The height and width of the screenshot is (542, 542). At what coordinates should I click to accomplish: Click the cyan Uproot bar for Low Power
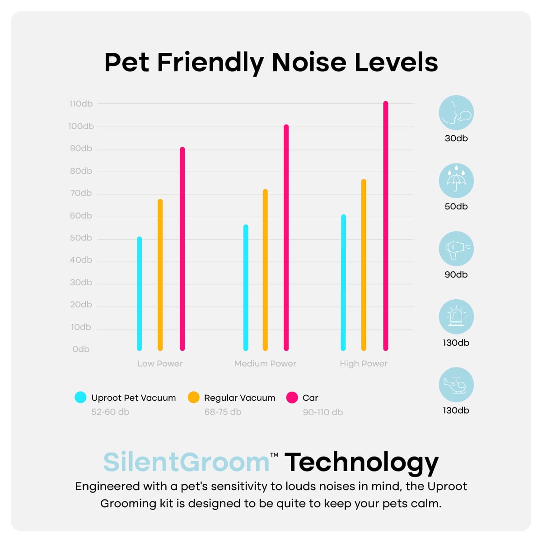coord(139,293)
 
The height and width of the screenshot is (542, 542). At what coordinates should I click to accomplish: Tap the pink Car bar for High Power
coord(386,226)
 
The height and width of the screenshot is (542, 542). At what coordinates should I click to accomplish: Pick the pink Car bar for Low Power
coord(182,249)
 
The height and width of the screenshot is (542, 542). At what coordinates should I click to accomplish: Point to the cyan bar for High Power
coord(343,283)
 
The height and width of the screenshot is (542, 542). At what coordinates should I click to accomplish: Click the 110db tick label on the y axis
coord(81,104)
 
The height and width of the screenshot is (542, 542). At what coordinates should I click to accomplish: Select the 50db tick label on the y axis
coord(81,238)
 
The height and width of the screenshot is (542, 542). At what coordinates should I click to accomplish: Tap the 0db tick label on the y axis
coord(81,349)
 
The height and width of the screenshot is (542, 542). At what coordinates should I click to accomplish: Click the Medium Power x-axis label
coord(265,364)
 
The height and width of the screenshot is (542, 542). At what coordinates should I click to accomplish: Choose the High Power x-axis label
coord(364,364)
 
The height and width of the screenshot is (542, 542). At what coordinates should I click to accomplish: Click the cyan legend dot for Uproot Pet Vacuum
coord(80,397)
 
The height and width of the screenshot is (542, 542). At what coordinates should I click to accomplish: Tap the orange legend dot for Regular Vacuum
coord(193,397)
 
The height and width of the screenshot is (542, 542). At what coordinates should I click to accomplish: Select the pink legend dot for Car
coord(292,397)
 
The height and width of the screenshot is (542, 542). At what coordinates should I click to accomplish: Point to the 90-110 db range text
coord(322,412)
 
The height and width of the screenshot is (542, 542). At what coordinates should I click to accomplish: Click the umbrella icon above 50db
coord(456,181)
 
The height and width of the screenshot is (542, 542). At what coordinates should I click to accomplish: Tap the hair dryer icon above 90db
coord(456,249)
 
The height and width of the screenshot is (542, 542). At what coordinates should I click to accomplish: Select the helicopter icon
coord(456,384)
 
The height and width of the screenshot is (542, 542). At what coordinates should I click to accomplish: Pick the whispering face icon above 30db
coord(456,112)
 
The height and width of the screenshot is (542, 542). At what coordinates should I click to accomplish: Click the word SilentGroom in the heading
coord(187,463)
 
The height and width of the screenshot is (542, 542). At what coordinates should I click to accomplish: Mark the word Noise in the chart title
coord(309,62)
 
